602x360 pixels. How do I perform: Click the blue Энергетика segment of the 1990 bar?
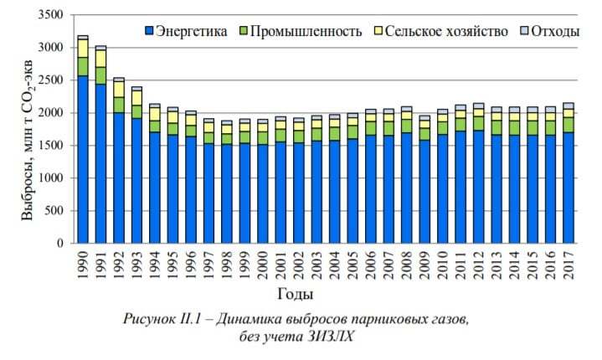[x=82, y=159]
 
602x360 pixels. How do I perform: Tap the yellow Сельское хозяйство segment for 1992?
[x=118, y=89]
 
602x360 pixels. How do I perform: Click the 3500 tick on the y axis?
[x=51, y=15]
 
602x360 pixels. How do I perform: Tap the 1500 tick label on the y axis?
[x=51, y=146]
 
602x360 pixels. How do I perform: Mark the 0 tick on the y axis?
[x=60, y=244]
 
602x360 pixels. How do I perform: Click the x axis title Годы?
[x=298, y=294]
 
